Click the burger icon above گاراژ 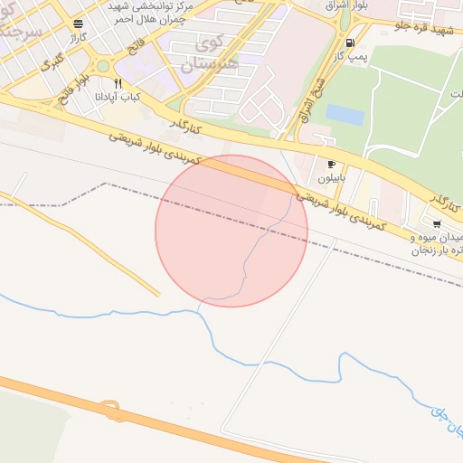click(80, 24)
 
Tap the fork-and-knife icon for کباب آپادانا click(118, 83)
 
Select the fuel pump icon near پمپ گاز click(349, 43)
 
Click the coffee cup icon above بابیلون click(331, 164)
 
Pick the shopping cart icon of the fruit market click(437, 223)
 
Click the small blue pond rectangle click(345, 115)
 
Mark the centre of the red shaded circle click(231, 231)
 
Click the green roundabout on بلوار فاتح click(102, 65)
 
